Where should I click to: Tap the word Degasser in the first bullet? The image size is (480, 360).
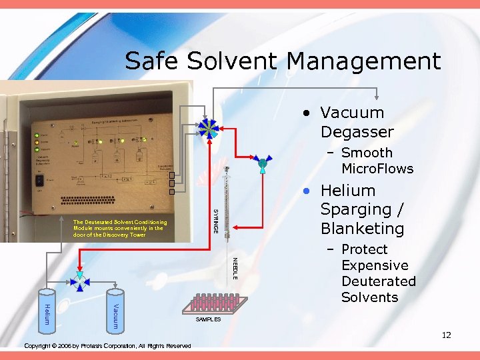(357, 131)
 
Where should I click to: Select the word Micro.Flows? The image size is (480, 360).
(377, 169)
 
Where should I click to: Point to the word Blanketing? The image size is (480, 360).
(362, 229)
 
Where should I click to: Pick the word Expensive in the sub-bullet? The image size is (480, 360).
(375, 265)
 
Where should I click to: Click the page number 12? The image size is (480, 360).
(446, 335)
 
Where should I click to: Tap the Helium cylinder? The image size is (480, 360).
(47, 310)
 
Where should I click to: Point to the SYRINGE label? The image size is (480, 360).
(215, 220)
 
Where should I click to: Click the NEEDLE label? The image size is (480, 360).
(234, 267)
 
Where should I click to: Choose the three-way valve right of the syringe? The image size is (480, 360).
(262, 163)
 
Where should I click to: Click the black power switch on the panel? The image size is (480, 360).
(40, 180)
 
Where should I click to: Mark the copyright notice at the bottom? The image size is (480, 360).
(107, 345)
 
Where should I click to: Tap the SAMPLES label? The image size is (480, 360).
(208, 320)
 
